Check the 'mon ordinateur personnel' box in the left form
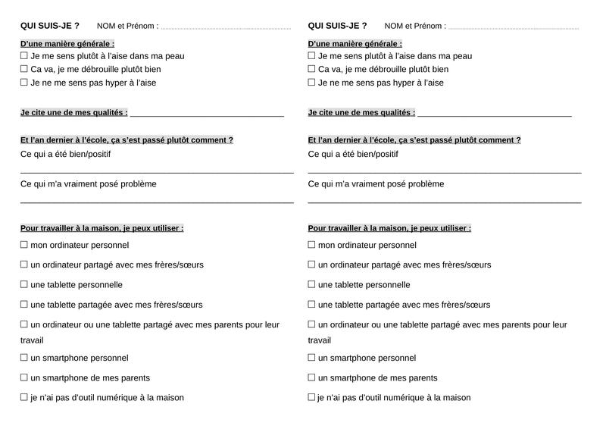(x=24, y=245)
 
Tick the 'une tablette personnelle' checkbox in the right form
(x=312, y=284)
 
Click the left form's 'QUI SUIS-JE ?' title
(x=50, y=26)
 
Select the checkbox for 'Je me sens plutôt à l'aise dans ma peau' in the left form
(x=24, y=55)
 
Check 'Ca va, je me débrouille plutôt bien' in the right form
(x=312, y=69)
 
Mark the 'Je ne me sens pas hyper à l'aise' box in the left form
(x=24, y=83)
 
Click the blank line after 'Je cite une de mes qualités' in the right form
(x=494, y=114)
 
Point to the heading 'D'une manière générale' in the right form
(x=355, y=44)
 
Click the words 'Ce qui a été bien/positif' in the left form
(x=65, y=155)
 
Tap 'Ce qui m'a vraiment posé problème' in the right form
(x=376, y=184)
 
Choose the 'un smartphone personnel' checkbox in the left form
(x=24, y=358)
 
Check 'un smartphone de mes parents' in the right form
(x=312, y=377)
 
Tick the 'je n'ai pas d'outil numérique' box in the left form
(x=24, y=397)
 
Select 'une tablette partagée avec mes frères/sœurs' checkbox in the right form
(x=312, y=305)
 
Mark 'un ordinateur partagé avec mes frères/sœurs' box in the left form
(x=24, y=265)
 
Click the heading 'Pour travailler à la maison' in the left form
(x=102, y=228)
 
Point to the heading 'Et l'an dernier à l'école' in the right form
(x=414, y=140)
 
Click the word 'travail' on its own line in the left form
(x=32, y=340)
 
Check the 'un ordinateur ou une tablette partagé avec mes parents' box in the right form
(x=312, y=324)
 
